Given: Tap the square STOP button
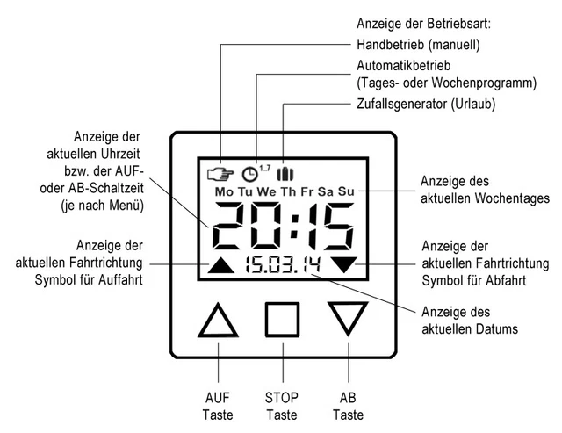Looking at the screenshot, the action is (x=266, y=320).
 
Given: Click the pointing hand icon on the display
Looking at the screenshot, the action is (x=220, y=174).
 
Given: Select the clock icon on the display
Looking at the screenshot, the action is (x=249, y=174).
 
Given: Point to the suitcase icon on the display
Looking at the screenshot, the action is (x=285, y=174).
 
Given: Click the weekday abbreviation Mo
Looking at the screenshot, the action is (x=224, y=191).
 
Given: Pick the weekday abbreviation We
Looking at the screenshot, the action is (x=266, y=191).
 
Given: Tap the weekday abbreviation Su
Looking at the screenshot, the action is (x=346, y=191).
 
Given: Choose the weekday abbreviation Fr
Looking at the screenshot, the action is (x=306, y=191).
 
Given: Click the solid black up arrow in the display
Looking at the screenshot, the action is (x=221, y=267).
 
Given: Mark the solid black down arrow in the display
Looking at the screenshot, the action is (x=344, y=263).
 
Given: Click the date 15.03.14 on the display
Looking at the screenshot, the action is (x=284, y=265).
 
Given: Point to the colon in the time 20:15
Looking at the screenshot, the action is (x=294, y=227).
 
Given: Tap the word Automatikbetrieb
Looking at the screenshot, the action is (x=404, y=66).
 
